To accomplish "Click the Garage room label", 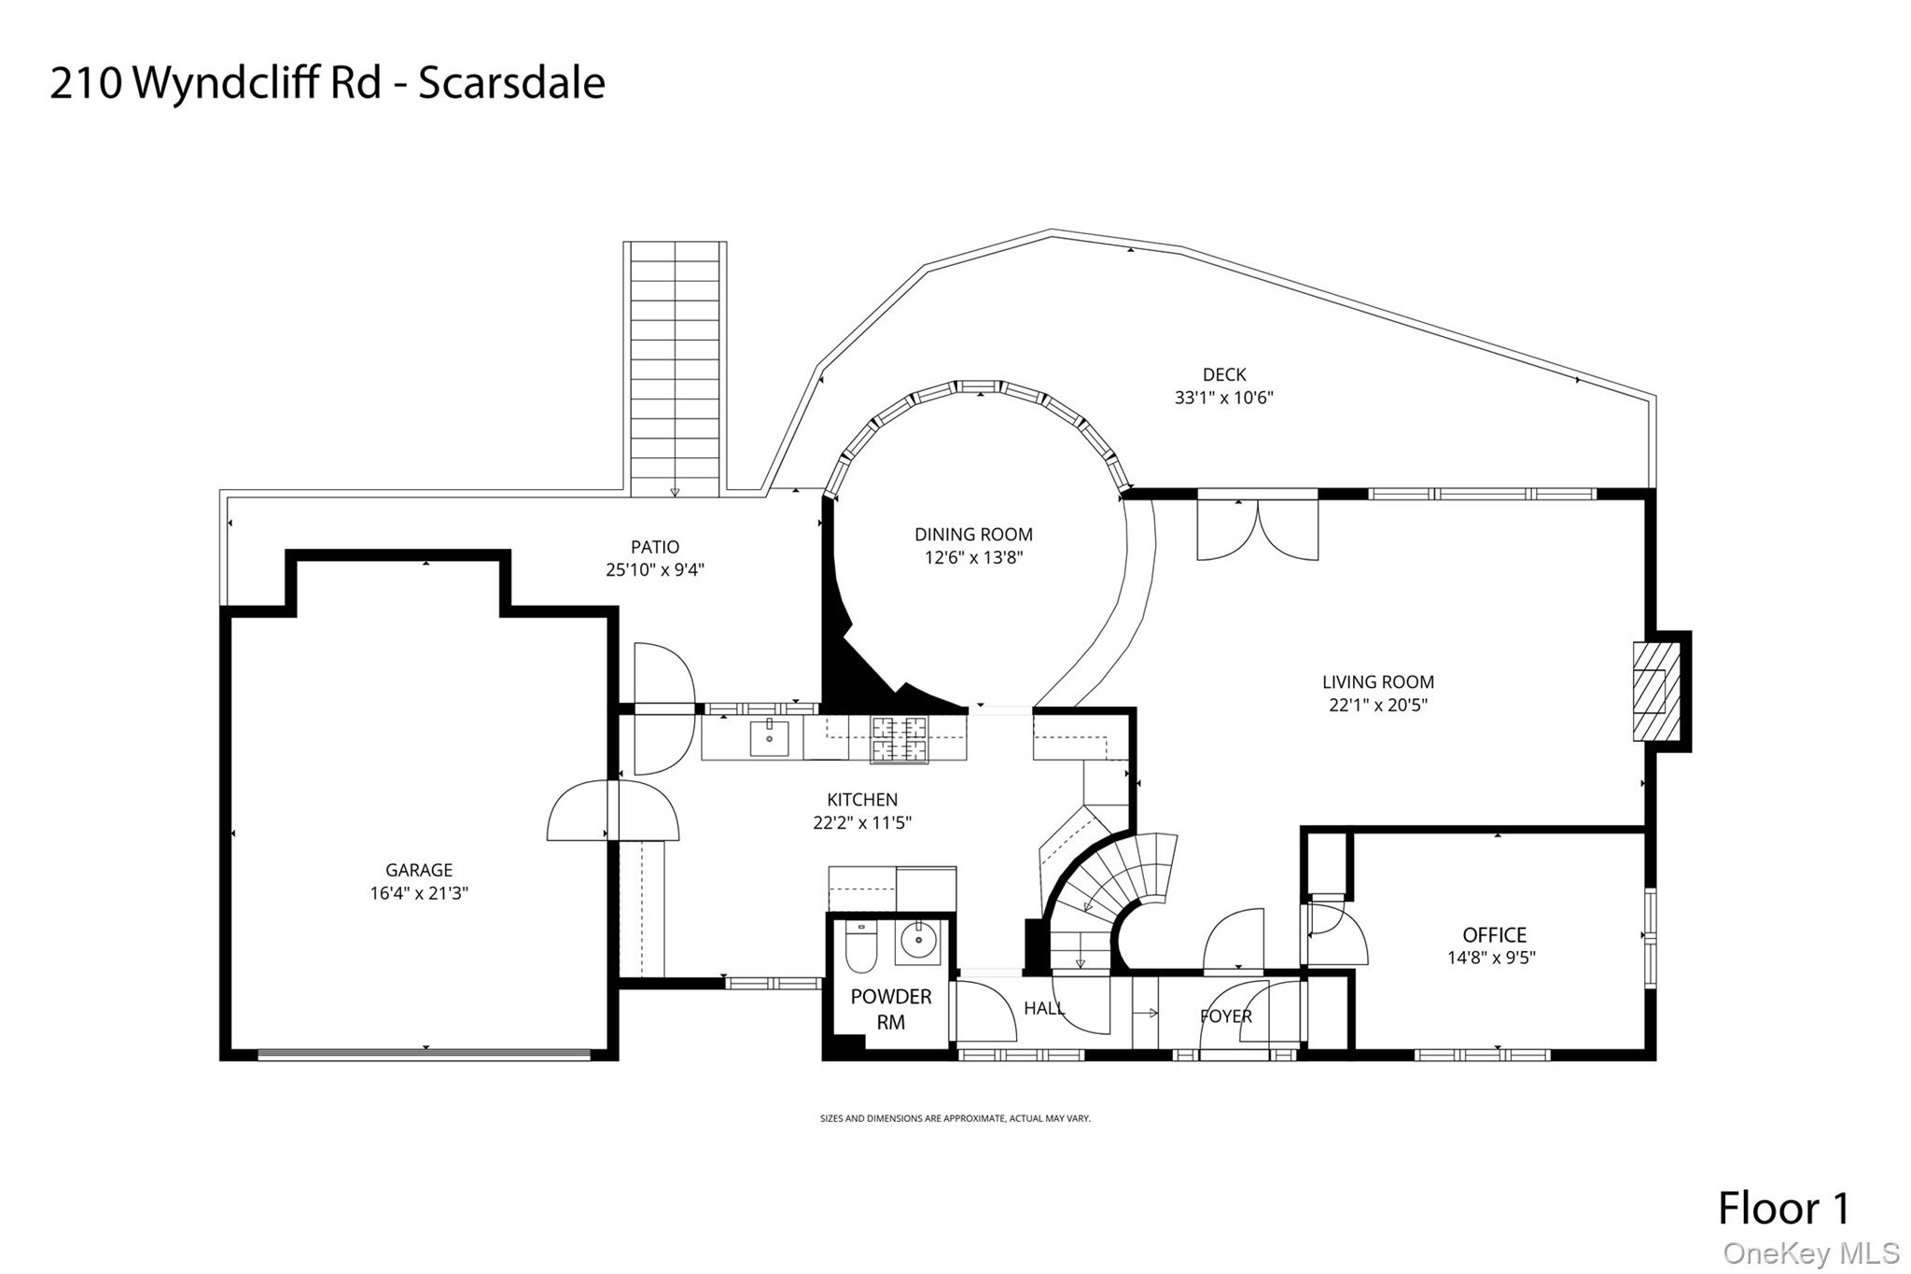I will point(419,870).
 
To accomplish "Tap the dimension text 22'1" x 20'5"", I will point(1377,705).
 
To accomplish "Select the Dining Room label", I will point(973,535).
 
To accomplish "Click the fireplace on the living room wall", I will point(1655,692).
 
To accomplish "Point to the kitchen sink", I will point(769,738).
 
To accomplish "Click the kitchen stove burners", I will point(900,739).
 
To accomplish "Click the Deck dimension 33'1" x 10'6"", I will point(1223,398).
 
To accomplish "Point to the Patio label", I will point(655,547).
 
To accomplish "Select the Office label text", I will point(1494,934).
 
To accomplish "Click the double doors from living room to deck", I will point(1257,529).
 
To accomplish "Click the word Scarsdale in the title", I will point(511,82).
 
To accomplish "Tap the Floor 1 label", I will point(1783,1208).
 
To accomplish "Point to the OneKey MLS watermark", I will point(1810,1253).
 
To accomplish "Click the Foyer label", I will point(1225,1016).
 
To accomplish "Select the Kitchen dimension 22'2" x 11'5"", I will point(861,822).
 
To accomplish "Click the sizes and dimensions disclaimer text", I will point(955,1118).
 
